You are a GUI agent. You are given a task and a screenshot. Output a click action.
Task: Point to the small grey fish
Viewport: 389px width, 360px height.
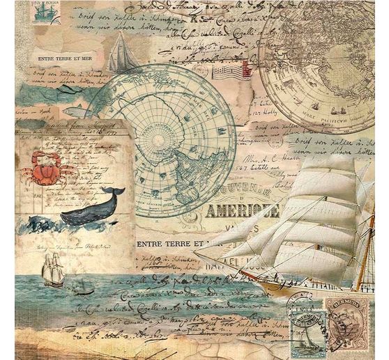coord(76,111)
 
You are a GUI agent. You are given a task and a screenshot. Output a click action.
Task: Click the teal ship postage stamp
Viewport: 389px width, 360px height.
coord(45,13)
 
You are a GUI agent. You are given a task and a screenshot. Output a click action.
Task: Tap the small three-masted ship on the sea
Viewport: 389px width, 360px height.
coord(53,269)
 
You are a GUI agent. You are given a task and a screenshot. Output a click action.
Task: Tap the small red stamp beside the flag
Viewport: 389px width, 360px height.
coord(246,68)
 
